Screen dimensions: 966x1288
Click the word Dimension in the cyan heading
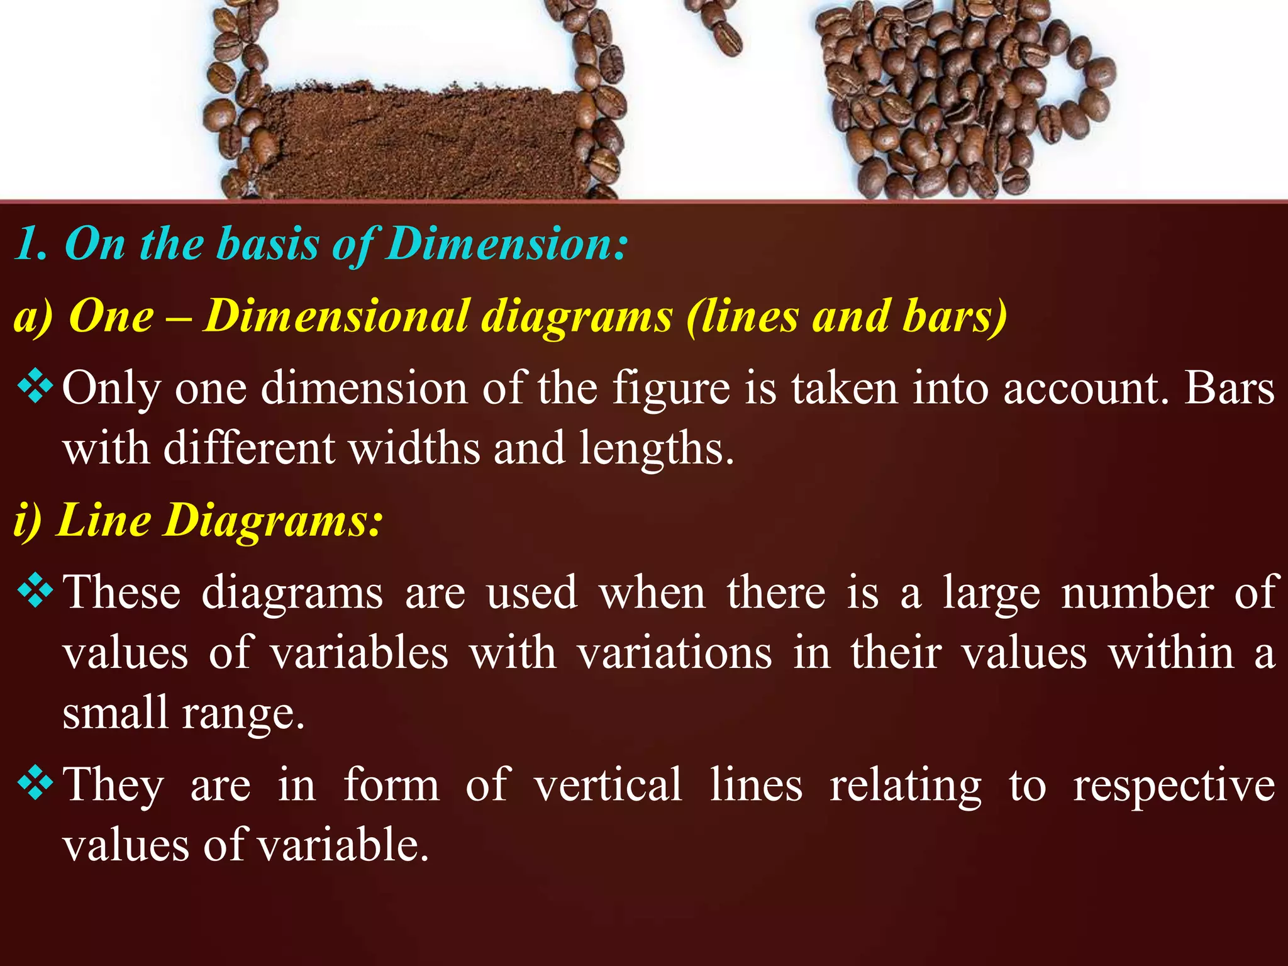[x=506, y=244]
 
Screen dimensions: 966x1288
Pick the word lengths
[x=656, y=449]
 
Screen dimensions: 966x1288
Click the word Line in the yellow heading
[x=104, y=521]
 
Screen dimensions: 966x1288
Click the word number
[x=1137, y=592]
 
